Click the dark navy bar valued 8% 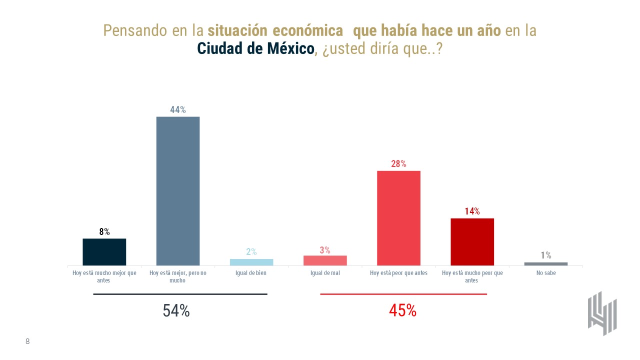point(104,252)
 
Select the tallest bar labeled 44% point(178,191)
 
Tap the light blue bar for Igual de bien point(251,262)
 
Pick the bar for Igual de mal point(325,260)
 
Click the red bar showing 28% point(398,218)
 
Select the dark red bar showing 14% point(472,242)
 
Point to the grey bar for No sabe point(545,263)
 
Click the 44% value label point(178,110)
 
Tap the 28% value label point(398,164)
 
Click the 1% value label point(545,255)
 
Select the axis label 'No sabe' point(545,273)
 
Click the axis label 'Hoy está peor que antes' point(398,273)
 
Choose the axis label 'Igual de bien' point(251,273)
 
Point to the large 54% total point(176,311)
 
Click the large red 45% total point(402,310)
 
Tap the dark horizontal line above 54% point(180,294)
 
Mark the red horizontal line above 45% point(403,294)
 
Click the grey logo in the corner point(602,313)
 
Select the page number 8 point(27,341)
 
